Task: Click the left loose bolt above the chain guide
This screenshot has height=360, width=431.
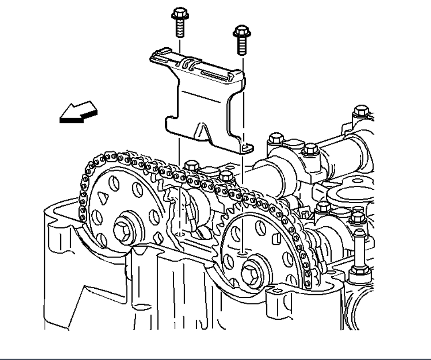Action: click(179, 21)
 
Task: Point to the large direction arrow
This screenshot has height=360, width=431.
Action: click(78, 112)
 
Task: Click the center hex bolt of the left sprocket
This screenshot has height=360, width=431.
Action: click(122, 230)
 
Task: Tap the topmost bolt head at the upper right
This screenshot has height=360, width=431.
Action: click(361, 110)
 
